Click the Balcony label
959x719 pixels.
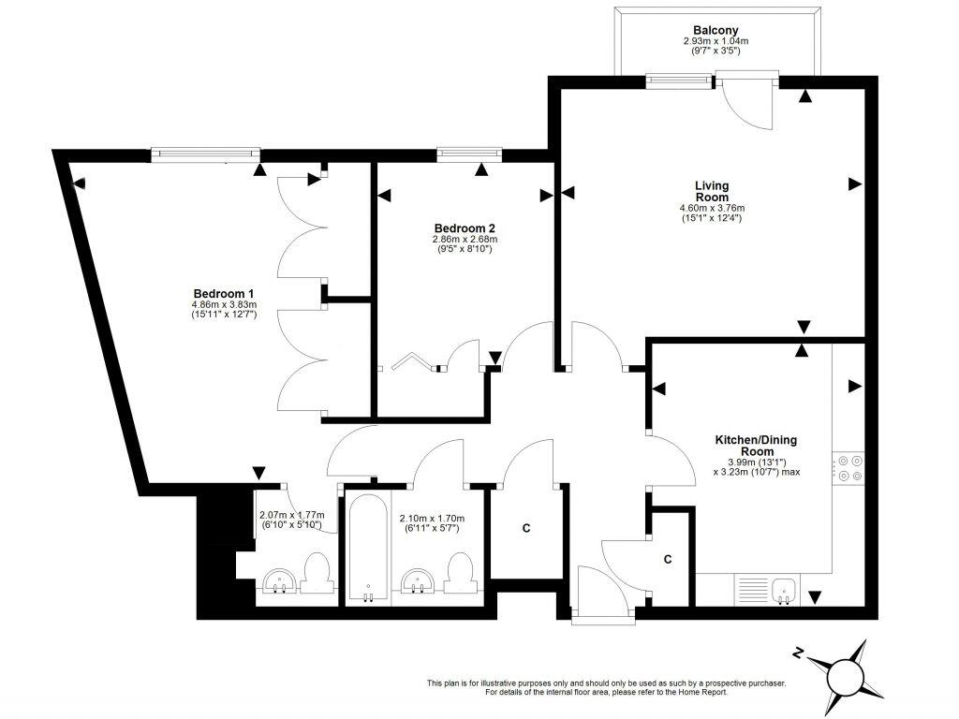pos(716,30)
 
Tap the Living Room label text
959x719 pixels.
pos(712,191)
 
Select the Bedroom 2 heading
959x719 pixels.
pos(465,228)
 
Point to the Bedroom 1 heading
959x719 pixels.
pos(224,293)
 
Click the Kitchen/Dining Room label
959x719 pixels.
pos(757,445)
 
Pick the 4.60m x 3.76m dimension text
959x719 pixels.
pos(712,208)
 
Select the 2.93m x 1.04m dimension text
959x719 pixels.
pos(716,41)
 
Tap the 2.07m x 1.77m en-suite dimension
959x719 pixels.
pos(292,515)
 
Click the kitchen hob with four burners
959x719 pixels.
pos(848,468)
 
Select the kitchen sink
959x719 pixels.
pos(784,591)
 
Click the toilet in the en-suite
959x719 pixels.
pos(317,572)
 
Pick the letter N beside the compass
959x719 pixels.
pos(797,653)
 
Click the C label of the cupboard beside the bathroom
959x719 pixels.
pos(526,528)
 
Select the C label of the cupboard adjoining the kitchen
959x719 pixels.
pos(668,559)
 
